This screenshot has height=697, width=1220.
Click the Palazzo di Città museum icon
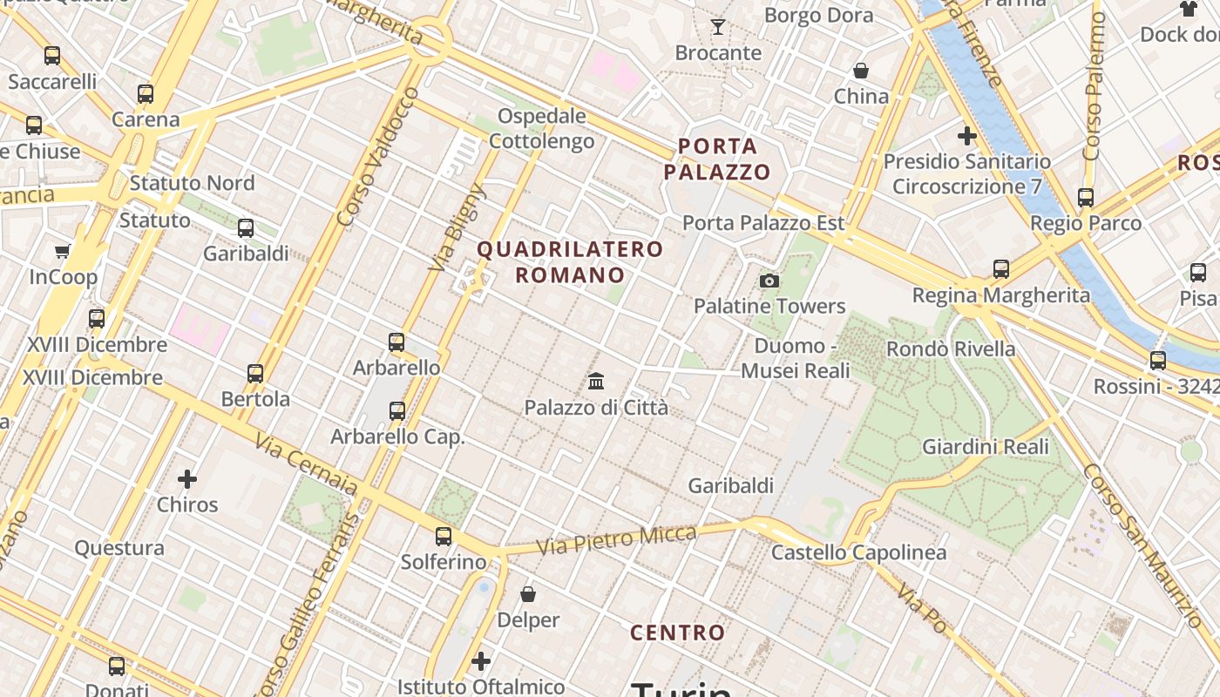(x=597, y=381)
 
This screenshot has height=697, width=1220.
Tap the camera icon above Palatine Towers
(x=769, y=281)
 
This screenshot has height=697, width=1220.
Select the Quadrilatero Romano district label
(x=570, y=262)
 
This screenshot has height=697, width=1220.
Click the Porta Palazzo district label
(x=717, y=159)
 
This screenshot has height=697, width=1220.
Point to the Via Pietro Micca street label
(x=616, y=540)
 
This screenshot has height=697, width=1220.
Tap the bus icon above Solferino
(x=444, y=536)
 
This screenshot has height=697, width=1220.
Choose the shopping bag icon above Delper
(x=528, y=594)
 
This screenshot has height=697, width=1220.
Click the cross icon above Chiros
(x=187, y=478)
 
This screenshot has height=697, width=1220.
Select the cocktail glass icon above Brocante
(x=718, y=27)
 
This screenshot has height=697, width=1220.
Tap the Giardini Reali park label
(x=986, y=447)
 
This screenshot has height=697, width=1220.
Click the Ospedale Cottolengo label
(x=542, y=128)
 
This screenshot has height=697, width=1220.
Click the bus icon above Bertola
(x=255, y=373)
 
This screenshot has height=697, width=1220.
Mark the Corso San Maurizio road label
(x=1142, y=544)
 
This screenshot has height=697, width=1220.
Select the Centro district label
(x=677, y=633)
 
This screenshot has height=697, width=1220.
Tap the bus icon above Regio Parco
(x=1086, y=198)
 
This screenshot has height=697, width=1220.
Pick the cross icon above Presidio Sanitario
(x=966, y=136)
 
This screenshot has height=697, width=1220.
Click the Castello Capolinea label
(x=858, y=552)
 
